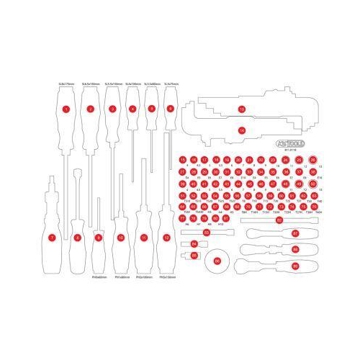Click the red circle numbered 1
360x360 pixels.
pyautogui.click(x=66, y=109)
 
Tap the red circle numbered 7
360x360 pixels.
pyautogui.click(x=51, y=237)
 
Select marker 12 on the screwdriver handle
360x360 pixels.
pyautogui.click(x=167, y=237)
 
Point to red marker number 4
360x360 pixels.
pyautogui.click(x=132, y=109)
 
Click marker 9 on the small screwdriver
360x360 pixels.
pyautogui.click(x=98, y=237)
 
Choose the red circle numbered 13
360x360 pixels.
pyautogui.click(x=241, y=109)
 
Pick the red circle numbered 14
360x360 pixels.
pyautogui.click(x=241, y=130)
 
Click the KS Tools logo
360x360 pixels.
pyautogui.click(x=289, y=145)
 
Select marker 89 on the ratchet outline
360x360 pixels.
pyautogui.click(x=294, y=266)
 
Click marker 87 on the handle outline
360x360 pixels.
pyautogui.click(x=294, y=233)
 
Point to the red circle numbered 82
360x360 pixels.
pyautogui.click(x=279, y=220)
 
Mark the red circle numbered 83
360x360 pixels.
pyautogui.click(x=207, y=233)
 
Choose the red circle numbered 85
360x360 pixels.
pyautogui.click(x=194, y=255)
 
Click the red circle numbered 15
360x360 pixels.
pyautogui.click(x=183, y=160)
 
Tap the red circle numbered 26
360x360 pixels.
pyautogui.click(x=312, y=160)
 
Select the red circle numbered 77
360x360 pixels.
pyautogui.click(x=183, y=219)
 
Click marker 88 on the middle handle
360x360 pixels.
pyautogui.click(x=294, y=249)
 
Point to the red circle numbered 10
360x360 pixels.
pyautogui.click(x=121, y=237)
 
